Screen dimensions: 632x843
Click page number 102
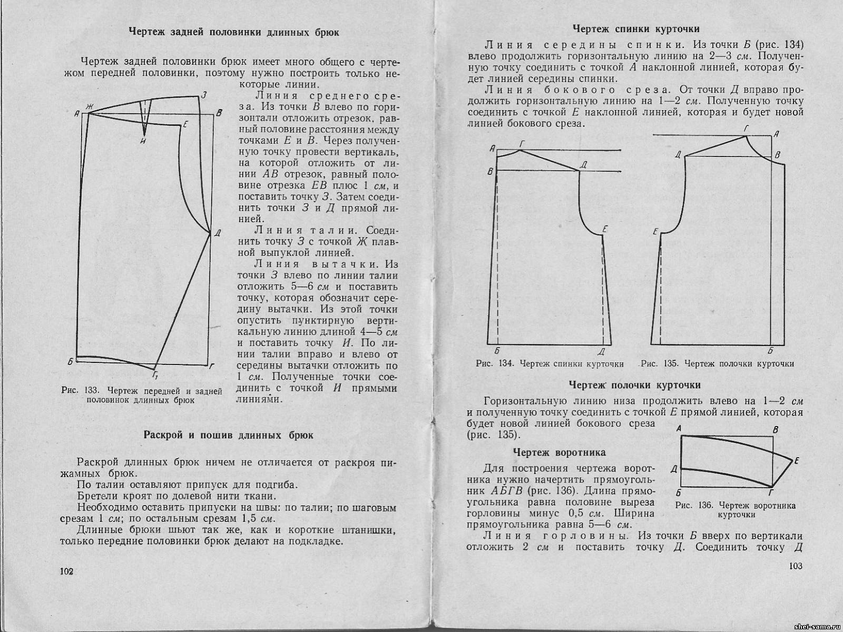[66, 572]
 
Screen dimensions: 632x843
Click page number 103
[795, 566]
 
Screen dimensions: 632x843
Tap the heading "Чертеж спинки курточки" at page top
[636, 29]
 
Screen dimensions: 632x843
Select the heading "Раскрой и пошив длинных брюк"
[228, 435]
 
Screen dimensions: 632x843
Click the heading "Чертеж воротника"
[560, 452]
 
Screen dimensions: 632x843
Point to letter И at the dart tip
[143, 141]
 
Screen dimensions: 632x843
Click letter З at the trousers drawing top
[203, 95]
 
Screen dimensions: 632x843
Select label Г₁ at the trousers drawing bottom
[155, 375]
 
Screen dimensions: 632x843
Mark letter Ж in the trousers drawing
[90, 108]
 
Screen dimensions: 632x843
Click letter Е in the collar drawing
[797, 461]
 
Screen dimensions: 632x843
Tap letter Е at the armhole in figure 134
[604, 229]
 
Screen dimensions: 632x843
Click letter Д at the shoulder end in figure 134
[583, 164]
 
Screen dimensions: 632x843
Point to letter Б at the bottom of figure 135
[770, 350]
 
